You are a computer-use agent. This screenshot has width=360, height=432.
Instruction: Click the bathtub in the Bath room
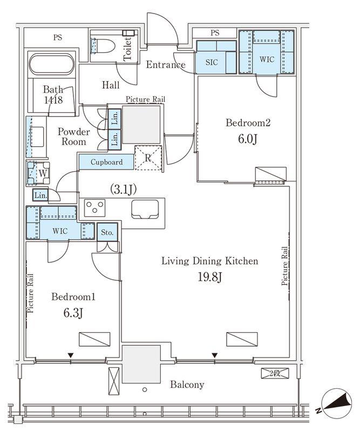(x=52, y=64)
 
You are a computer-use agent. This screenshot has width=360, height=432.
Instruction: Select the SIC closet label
(x=212, y=62)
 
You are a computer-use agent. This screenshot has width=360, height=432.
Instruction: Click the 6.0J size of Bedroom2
(x=248, y=139)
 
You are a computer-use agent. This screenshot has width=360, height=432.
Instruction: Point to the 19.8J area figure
(x=210, y=277)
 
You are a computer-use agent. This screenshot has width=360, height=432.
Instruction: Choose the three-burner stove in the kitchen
(x=95, y=207)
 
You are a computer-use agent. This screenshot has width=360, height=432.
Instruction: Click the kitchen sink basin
(x=145, y=209)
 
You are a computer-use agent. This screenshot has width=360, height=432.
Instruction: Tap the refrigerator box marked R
(x=148, y=158)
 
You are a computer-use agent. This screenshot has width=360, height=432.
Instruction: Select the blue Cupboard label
(x=106, y=162)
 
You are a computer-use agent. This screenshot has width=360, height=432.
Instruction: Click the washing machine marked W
(x=38, y=173)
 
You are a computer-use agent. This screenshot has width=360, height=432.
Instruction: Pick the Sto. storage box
(x=107, y=232)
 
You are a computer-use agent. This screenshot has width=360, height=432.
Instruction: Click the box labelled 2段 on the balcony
(x=275, y=374)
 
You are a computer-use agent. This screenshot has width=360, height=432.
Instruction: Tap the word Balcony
(x=187, y=384)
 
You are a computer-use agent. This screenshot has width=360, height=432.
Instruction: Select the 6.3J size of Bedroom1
(x=73, y=313)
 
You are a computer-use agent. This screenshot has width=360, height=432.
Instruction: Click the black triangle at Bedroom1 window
(x=71, y=355)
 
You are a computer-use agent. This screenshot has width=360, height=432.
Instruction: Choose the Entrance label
(x=166, y=65)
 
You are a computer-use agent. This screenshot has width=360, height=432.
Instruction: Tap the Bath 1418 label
(x=53, y=94)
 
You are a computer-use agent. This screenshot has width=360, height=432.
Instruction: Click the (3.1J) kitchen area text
(x=124, y=190)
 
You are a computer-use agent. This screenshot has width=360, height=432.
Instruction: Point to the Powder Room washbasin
(x=37, y=137)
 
